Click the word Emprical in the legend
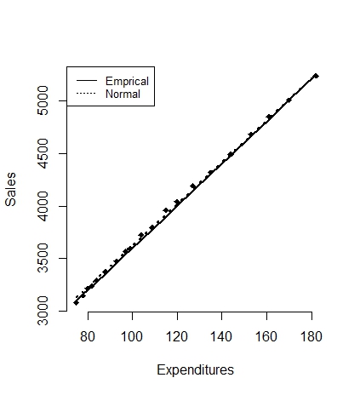point(127,82)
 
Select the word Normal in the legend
point(123,94)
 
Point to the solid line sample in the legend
point(87,81)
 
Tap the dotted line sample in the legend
point(87,94)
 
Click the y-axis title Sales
point(10,189)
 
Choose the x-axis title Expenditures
point(195,370)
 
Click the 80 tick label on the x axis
point(88,337)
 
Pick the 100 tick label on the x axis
point(132,337)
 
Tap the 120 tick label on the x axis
point(177,337)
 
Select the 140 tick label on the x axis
point(221,337)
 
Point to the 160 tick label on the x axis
point(266,337)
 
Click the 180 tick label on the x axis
point(311,337)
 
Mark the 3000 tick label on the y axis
point(43,311)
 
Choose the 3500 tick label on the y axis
point(43,258)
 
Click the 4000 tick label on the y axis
point(43,206)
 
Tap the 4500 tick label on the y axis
point(43,153)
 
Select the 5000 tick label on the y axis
point(43,100)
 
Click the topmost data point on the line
point(316,76)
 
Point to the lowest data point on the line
point(76,303)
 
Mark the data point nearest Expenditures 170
point(289,100)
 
